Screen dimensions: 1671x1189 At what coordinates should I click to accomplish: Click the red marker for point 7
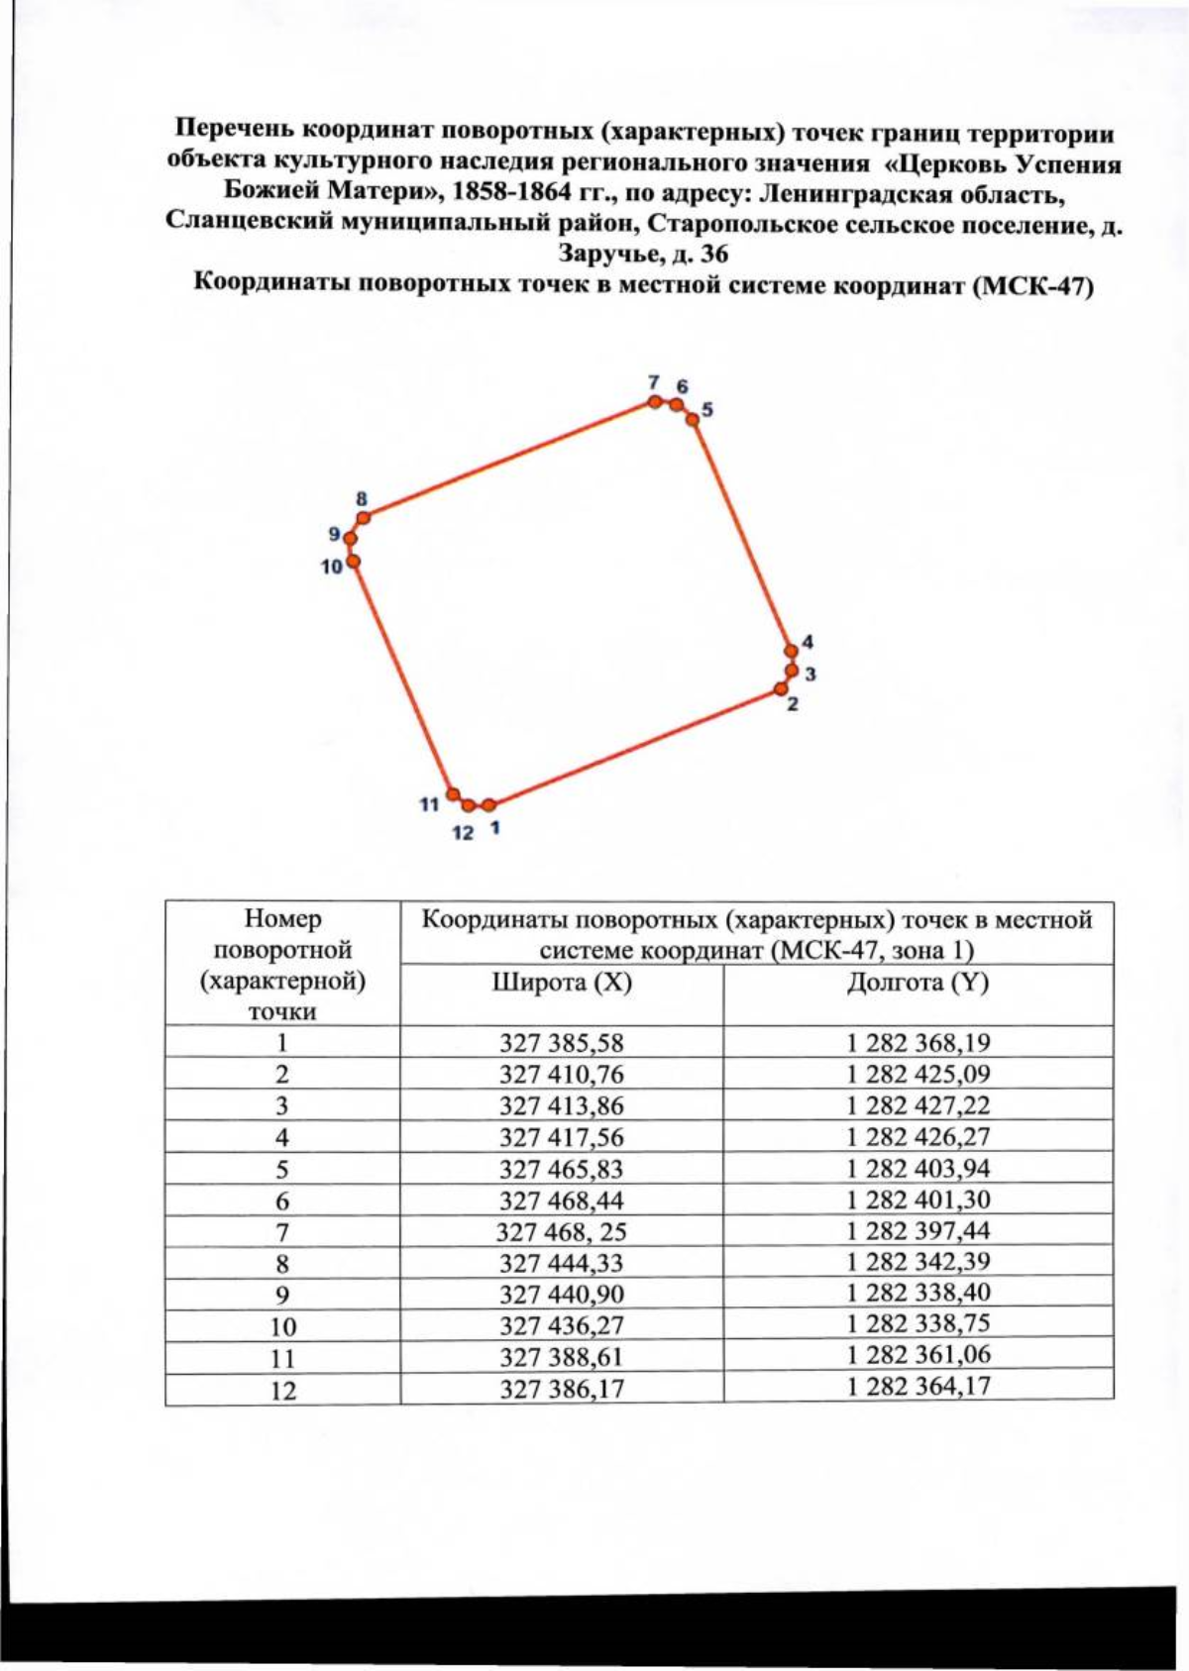tap(655, 401)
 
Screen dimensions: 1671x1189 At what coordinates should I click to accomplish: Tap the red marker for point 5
tap(694, 419)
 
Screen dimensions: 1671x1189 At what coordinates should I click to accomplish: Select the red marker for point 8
tap(364, 517)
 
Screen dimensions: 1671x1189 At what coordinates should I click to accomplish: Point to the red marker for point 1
tap(488, 805)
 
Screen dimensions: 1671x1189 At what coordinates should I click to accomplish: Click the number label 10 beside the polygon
tap(331, 567)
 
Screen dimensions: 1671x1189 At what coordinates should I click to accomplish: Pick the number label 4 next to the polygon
tap(808, 641)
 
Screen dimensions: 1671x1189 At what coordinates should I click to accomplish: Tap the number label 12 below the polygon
tap(463, 833)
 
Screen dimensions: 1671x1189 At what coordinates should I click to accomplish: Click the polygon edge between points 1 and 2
tap(634, 748)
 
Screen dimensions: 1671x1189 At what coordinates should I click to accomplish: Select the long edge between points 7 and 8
tap(509, 460)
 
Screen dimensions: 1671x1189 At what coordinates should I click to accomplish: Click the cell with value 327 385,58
tap(562, 1043)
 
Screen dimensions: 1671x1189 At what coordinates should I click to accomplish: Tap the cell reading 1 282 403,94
tap(918, 1169)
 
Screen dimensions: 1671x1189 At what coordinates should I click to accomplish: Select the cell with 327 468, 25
tap(562, 1232)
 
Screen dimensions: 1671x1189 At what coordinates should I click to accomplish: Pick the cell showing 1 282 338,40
tap(918, 1294)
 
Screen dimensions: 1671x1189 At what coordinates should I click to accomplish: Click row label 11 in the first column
tap(282, 1358)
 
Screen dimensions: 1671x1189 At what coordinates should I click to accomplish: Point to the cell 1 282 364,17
tap(918, 1386)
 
